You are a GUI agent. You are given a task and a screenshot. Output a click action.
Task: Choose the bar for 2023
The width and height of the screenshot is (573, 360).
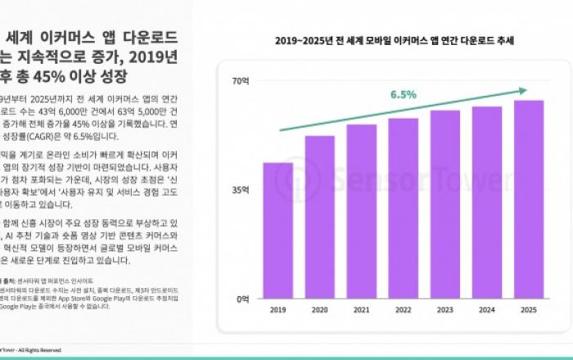coord(444,204)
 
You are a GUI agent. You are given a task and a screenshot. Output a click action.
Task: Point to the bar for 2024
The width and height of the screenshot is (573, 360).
coord(487,202)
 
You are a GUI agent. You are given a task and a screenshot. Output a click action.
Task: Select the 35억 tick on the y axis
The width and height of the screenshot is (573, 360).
coord(240,190)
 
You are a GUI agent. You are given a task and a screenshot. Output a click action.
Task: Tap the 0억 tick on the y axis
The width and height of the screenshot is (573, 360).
coord(242,299)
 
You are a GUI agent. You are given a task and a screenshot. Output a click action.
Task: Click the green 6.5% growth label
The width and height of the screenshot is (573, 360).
coord(404,95)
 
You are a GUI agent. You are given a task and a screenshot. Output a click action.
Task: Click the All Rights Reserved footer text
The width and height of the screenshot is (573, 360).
coord(40,349)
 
